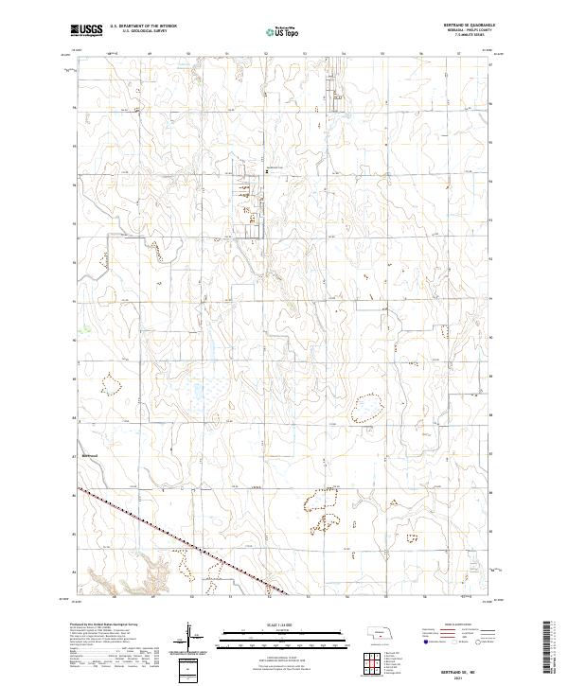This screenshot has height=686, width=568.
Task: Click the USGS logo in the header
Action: click(x=86, y=30)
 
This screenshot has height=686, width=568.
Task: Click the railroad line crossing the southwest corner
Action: click(x=170, y=538)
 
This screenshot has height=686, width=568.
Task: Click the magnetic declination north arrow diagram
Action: click(x=189, y=636)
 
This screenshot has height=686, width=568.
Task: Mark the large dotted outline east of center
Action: click(x=367, y=408)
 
